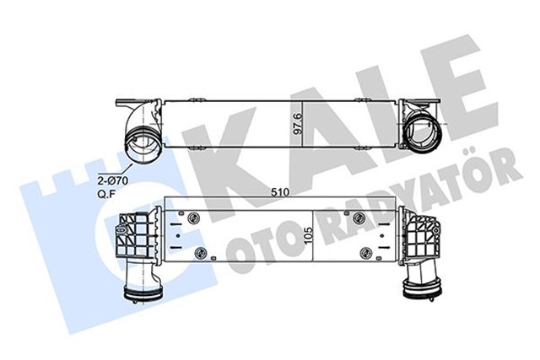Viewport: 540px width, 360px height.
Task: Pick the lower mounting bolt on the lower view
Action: pyautogui.click(x=199, y=254)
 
